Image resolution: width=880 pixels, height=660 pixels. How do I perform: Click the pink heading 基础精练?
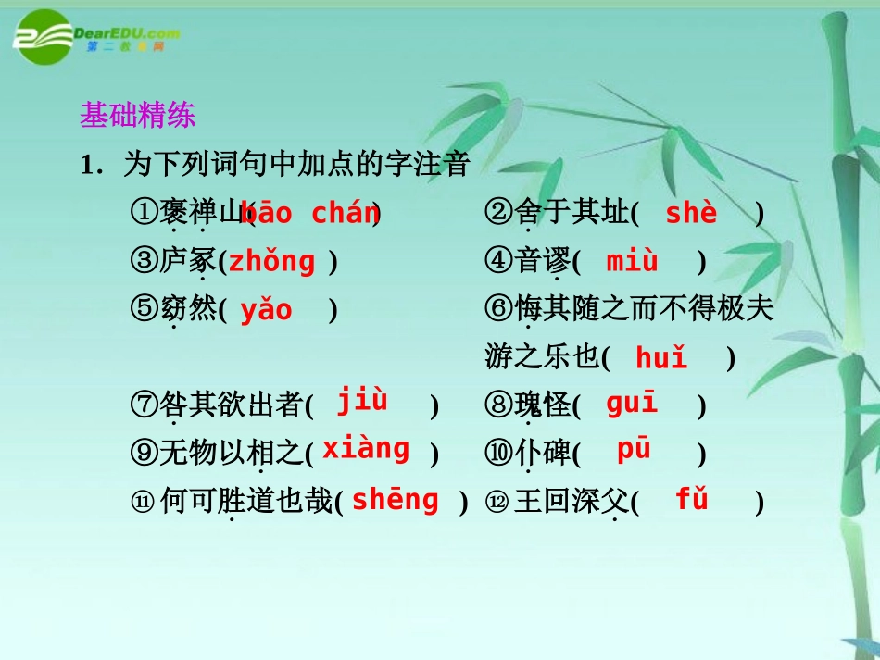click(137, 116)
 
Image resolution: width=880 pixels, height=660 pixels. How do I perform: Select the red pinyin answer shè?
click(691, 214)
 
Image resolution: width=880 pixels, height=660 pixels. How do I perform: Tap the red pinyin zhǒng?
click(272, 262)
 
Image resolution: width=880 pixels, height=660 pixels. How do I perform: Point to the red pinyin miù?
click(632, 262)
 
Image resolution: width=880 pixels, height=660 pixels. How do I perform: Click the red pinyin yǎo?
click(266, 310)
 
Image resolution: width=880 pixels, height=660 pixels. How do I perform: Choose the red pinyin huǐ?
click(661, 358)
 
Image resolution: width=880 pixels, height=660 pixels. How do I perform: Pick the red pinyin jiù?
click(361, 401)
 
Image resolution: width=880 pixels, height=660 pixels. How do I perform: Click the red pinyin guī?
click(632, 404)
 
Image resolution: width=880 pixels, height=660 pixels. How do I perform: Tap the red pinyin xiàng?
click(366, 449)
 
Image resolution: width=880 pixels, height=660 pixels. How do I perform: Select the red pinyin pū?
click(635, 450)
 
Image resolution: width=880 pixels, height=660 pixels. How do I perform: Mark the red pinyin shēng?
click(395, 500)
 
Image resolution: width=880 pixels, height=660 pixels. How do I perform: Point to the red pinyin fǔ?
click(691, 500)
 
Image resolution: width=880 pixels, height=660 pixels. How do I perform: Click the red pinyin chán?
click(345, 214)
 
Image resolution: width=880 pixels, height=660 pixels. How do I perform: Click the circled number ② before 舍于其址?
click(497, 214)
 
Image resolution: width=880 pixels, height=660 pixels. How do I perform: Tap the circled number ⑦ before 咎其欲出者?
click(145, 405)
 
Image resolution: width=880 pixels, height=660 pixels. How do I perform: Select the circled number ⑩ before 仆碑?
click(497, 454)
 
